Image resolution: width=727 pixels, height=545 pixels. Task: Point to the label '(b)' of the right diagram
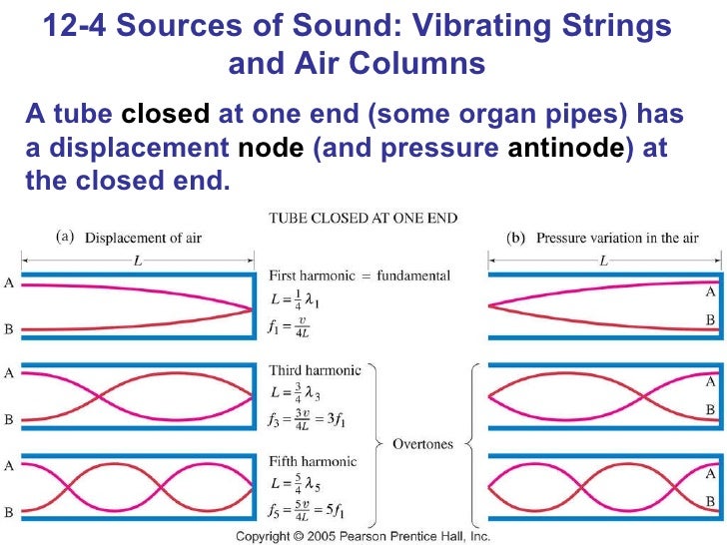517,238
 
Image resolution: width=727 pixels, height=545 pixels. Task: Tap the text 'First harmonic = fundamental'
361,274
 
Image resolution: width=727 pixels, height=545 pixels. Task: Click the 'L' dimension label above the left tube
135,260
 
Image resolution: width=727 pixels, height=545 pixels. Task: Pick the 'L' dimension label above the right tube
602,260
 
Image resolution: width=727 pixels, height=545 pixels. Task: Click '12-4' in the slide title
78,27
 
